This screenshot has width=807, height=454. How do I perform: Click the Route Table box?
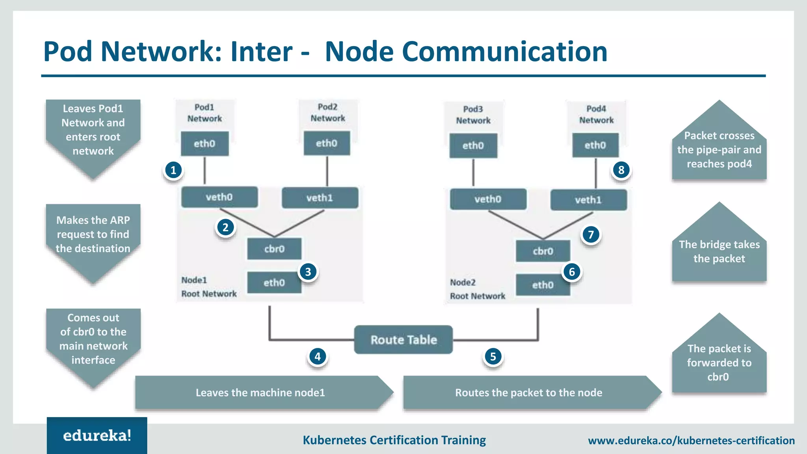pyautogui.click(x=403, y=340)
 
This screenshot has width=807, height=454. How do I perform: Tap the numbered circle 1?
pyautogui.click(x=173, y=170)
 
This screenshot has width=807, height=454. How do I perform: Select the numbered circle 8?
pyautogui.click(x=621, y=170)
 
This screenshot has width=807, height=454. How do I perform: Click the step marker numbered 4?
pyautogui.click(x=318, y=357)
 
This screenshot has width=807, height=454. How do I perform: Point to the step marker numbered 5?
pyautogui.click(x=493, y=357)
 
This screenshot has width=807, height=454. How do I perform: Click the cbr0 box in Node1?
pyautogui.click(x=274, y=249)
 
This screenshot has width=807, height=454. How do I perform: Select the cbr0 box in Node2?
pyautogui.click(x=543, y=251)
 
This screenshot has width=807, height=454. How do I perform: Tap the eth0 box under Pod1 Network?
pyautogui.click(x=205, y=143)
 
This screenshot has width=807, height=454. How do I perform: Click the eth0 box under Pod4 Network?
pyautogui.click(x=595, y=145)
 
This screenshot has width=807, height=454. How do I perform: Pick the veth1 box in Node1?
pyautogui.click(x=320, y=198)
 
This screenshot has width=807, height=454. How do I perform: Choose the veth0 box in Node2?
pyautogui.click(x=488, y=199)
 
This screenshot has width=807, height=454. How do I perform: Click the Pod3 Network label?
pyautogui.click(x=473, y=115)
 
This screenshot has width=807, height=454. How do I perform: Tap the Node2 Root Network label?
pyautogui.click(x=477, y=289)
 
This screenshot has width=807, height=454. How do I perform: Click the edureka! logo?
pyautogui.click(x=97, y=435)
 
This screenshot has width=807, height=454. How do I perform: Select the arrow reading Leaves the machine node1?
pyautogui.click(x=260, y=393)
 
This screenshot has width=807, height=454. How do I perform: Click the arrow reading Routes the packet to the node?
pyautogui.click(x=528, y=393)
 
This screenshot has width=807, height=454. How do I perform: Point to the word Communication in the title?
pyautogui.click(x=466, y=52)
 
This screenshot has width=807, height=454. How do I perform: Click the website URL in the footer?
pyautogui.click(x=691, y=440)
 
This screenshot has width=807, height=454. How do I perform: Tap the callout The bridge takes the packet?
pyautogui.click(x=719, y=252)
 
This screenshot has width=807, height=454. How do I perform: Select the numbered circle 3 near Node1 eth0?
pyautogui.click(x=308, y=272)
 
